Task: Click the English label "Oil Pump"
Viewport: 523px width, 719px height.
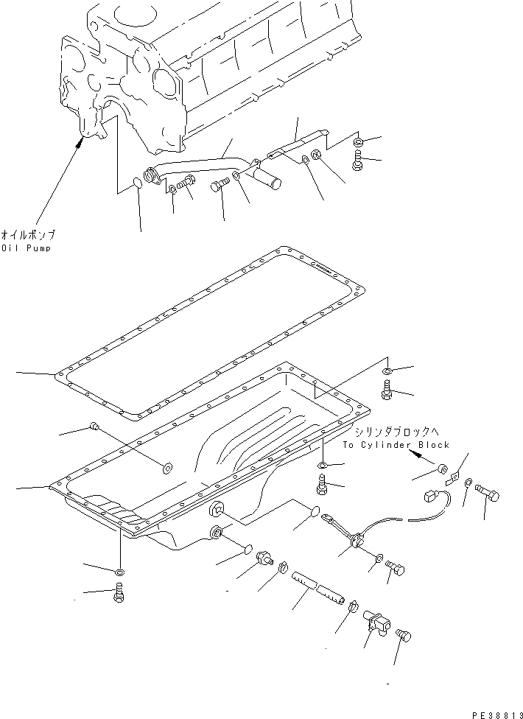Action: [27, 248]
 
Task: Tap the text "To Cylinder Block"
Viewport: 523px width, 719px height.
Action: [396, 445]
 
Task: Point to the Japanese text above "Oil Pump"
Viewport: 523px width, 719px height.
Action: [28, 235]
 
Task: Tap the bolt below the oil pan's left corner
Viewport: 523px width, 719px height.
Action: [118, 593]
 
